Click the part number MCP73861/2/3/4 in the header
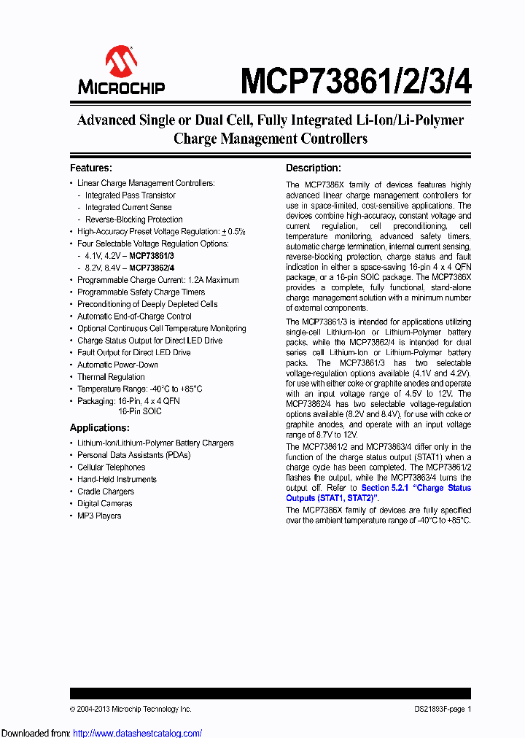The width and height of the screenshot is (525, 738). click(356, 79)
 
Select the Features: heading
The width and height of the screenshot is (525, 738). click(90, 168)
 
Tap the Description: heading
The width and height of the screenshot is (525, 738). click(313, 168)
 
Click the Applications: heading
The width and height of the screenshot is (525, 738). click(100, 428)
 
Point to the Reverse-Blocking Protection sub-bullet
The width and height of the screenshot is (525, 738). click(133, 220)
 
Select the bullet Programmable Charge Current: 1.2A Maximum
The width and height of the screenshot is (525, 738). click(157, 280)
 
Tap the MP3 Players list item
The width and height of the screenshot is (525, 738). click(99, 516)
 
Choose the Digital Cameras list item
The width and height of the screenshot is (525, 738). click(105, 504)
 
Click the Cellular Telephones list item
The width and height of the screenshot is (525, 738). click(111, 467)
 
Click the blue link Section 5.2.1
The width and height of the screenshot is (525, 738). click(386, 488)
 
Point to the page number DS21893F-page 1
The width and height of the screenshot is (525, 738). click(437, 709)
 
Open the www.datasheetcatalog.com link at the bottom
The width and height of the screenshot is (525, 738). click(136, 733)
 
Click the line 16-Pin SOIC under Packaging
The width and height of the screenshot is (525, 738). click(140, 411)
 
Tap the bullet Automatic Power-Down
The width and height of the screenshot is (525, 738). click(117, 365)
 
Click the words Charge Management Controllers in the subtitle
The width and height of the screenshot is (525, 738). click(270, 139)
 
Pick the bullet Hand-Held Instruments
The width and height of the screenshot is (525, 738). click(117, 479)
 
